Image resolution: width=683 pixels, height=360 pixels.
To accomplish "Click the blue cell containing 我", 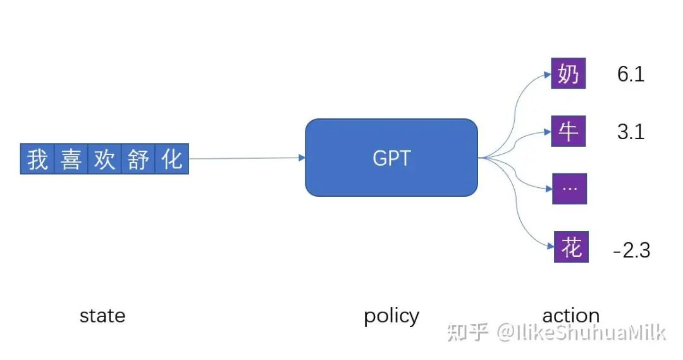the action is (37, 159).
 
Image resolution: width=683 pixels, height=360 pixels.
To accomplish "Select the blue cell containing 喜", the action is (71, 159).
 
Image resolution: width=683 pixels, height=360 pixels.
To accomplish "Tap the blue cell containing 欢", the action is (104, 159).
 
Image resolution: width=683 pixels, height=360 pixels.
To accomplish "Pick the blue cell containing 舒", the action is (138, 159).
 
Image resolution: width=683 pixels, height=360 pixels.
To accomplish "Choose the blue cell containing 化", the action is (171, 159).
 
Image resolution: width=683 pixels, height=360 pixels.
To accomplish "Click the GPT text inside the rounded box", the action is (391, 158).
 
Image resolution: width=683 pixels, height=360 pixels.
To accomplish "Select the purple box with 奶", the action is (569, 73).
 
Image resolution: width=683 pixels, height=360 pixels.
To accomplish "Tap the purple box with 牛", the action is (569, 131).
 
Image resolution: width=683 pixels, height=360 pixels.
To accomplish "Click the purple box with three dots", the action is (570, 189).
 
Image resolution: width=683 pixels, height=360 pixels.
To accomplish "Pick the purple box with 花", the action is (571, 247).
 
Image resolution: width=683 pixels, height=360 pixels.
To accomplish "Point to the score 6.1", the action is (631, 73).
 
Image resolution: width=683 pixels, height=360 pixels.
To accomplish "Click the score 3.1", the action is (631, 132).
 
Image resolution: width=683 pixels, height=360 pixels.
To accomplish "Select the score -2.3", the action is (632, 250).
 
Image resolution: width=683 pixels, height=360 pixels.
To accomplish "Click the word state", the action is (102, 316).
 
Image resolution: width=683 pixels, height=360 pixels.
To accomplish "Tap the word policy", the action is (391, 316).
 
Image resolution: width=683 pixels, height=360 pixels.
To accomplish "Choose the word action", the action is (571, 316).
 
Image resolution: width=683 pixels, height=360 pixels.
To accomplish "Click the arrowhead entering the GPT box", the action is (302, 158).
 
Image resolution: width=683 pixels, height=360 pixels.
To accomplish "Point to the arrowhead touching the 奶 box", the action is (548, 75).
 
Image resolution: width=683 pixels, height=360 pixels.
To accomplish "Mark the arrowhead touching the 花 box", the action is (551, 247).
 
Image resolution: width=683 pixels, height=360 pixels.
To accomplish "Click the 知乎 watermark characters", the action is (467, 333).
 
